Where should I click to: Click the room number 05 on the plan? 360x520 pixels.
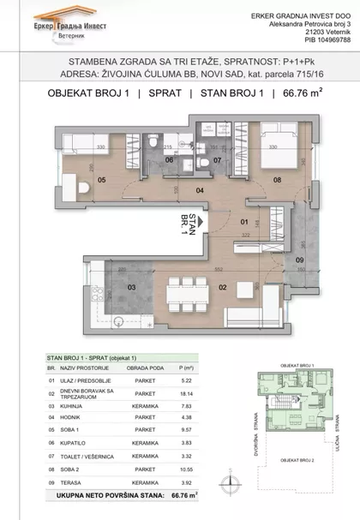click(x=102, y=180)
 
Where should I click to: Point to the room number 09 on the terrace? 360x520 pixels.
click(x=300, y=259)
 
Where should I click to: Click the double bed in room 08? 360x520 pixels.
click(x=276, y=145)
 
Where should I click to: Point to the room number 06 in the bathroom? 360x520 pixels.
click(x=169, y=158)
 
